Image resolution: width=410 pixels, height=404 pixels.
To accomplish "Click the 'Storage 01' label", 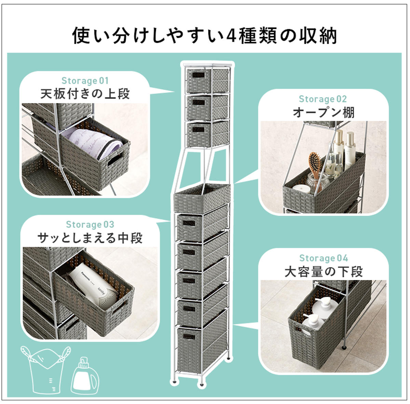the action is [85, 81].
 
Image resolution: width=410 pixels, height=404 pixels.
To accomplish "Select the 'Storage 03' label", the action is [90, 225].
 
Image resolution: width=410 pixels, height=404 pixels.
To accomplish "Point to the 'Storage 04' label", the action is [324, 258].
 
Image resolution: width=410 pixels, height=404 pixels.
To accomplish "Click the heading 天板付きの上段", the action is [85, 94].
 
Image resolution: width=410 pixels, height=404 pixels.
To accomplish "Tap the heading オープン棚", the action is [324, 112].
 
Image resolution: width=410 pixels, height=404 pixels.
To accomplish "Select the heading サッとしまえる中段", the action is [90, 238].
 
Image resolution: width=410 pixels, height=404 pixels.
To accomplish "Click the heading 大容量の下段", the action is [324, 272].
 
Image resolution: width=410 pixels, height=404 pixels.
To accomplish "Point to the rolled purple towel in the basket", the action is [94, 143].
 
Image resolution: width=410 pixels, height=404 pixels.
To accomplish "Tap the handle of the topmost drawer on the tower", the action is [198, 76].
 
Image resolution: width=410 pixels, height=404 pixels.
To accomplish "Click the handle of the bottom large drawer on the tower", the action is [189, 337].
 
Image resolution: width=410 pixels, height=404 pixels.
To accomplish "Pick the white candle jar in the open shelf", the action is [302, 189].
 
